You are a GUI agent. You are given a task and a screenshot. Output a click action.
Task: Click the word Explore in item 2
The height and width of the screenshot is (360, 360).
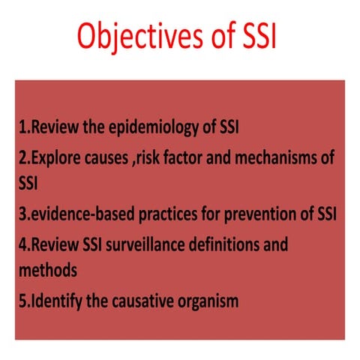point(55,158)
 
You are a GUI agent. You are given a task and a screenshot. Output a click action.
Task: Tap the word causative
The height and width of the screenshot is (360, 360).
point(145,301)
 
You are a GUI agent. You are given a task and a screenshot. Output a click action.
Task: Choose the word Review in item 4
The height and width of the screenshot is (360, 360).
point(53,245)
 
